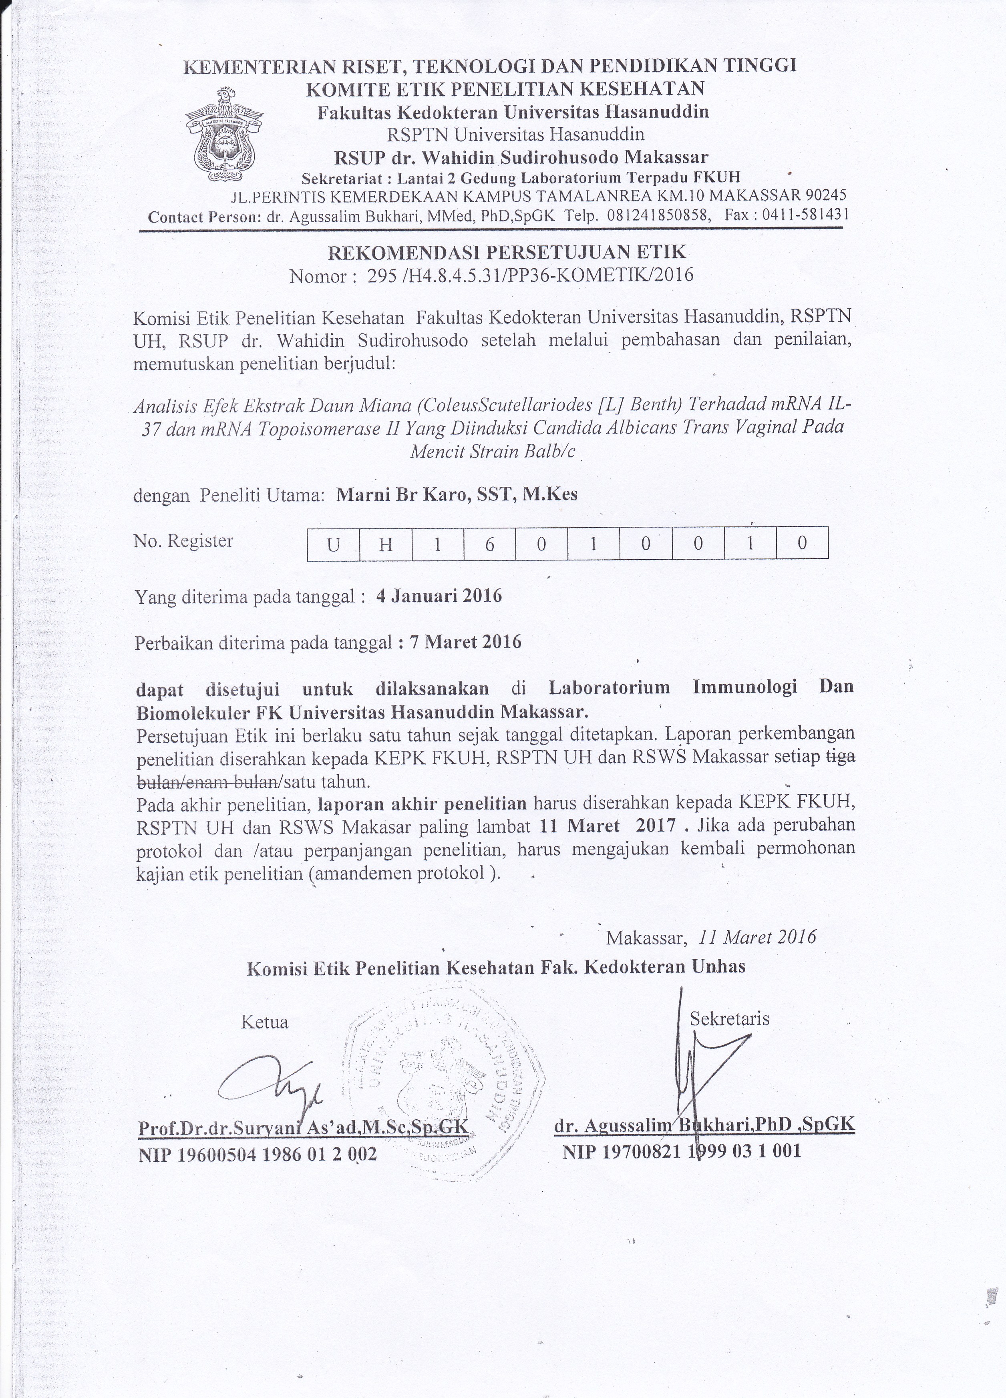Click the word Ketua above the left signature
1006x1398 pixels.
[264, 1022]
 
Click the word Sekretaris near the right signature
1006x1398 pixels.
[730, 1018]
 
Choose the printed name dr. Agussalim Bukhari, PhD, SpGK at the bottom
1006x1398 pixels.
[704, 1125]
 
